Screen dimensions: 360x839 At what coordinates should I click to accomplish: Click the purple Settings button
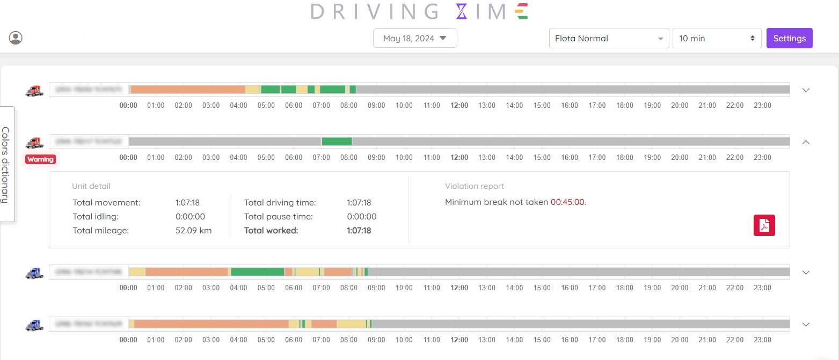(x=789, y=38)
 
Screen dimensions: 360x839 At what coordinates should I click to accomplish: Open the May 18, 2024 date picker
(x=415, y=38)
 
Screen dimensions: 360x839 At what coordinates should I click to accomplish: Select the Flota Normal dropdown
(x=609, y=38)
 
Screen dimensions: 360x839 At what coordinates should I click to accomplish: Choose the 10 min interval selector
(x=717, y=38)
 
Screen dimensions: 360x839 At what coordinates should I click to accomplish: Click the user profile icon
(x=16, y=38)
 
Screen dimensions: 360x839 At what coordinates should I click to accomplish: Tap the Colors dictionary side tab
(x=6, y=164)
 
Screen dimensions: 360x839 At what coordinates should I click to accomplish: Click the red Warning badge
(x=40, y=159)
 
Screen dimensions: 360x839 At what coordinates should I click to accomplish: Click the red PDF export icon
(x=764, y=226)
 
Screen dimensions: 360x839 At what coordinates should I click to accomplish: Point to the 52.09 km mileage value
(x=193, y=231)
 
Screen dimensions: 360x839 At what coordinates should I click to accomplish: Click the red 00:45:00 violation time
(x=568, y=202)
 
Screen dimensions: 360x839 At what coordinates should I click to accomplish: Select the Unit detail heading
(x=91, y=186)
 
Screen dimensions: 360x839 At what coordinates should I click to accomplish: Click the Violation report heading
(x=475, y=186)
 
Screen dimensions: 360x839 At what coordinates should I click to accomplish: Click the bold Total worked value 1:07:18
(x=359, y=231)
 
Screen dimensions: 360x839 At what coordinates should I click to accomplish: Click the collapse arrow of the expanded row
(x=806, y=142)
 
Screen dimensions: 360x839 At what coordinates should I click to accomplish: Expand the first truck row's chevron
(x=806, y=90)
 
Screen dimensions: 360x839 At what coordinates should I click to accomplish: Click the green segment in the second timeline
(x=337, y=142)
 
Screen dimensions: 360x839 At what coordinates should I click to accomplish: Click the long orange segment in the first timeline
(x=188, y=90)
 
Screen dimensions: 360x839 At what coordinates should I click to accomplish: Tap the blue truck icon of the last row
(x=34, y=325)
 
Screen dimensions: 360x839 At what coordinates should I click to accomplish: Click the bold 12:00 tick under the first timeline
(x=459, y=106)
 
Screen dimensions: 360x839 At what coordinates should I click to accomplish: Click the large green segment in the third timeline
(x=258, y=272)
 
